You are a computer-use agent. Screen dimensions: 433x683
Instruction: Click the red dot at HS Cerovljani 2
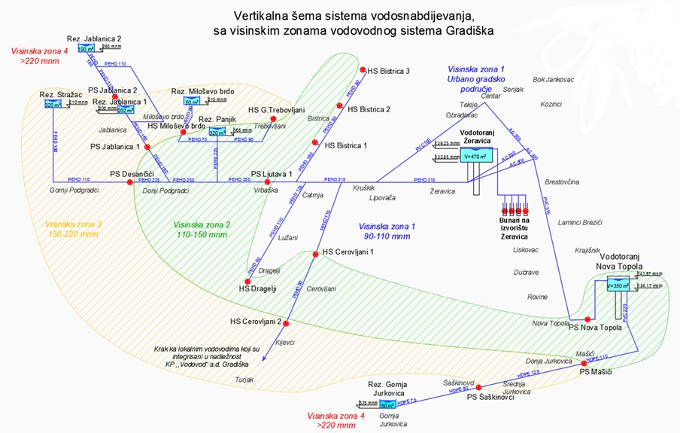click(x=287, y=322)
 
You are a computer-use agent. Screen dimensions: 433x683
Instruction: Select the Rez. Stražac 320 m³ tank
click(x=53, y=105)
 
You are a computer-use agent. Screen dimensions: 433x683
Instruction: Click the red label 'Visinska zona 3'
click(x=73, y=224)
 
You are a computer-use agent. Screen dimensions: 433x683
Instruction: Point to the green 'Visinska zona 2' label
click(x=202, y=224)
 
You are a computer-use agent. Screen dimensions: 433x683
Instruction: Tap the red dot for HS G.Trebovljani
click(x=274, y=119)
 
